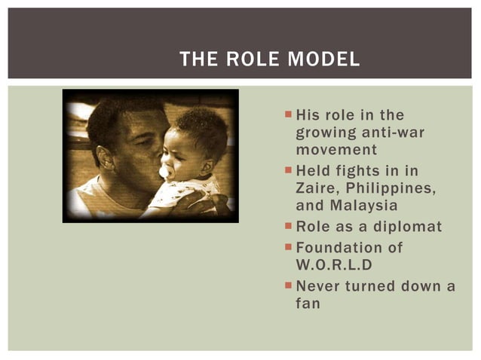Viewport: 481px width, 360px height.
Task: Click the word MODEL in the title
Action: [326, 59]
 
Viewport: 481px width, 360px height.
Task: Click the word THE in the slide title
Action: [199, 59]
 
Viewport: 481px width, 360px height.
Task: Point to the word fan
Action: [308, 304]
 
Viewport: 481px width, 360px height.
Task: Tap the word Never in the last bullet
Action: [318, 286]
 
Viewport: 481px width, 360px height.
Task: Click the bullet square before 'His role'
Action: [288, 114]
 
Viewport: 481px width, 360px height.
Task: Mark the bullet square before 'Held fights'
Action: [288, 171]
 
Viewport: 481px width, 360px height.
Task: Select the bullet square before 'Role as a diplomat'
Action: [288, 227]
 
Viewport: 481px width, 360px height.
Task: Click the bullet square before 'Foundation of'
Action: [288, 247]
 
